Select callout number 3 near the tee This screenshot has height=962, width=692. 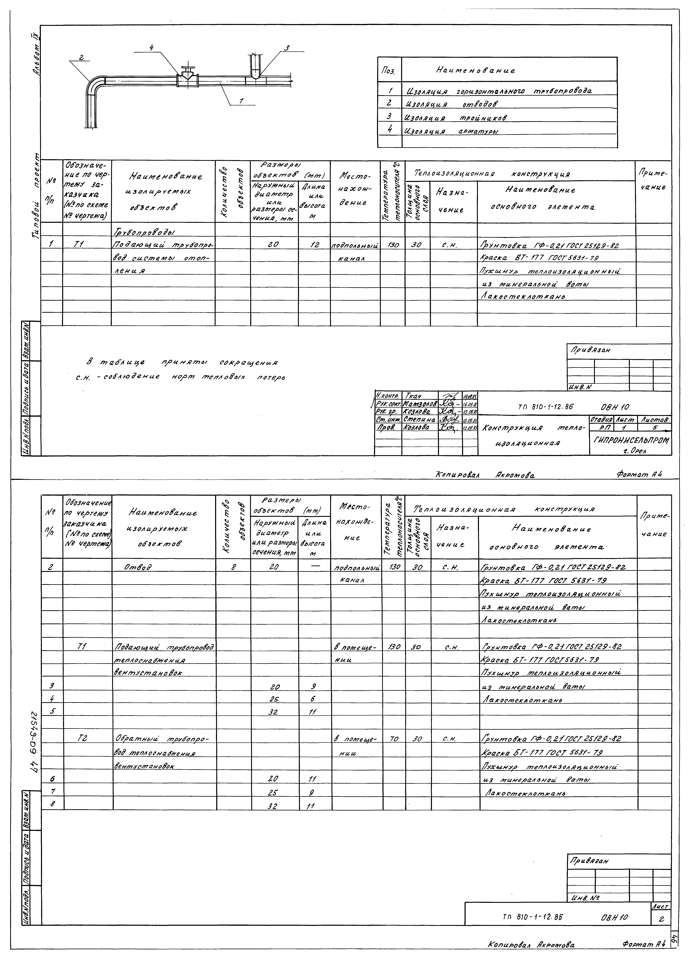pyautogui.click(x=287, y=48)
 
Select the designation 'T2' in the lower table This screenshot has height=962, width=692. pyautogui.click(x=83, y=738)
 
